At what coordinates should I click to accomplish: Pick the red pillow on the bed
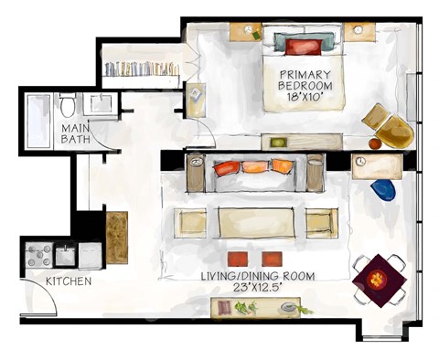(298, 47)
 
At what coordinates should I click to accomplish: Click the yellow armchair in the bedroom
(391, 127)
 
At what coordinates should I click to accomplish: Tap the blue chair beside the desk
(384, 189)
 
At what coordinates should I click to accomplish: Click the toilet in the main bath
(70, 104)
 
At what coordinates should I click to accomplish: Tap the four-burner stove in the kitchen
(39, 252)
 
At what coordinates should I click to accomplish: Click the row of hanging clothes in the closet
(142, 69)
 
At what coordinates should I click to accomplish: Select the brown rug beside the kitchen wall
(117, 237)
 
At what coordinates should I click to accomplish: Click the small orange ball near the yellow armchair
(374, 143)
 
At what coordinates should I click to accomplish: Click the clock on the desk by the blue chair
(361, 162)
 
